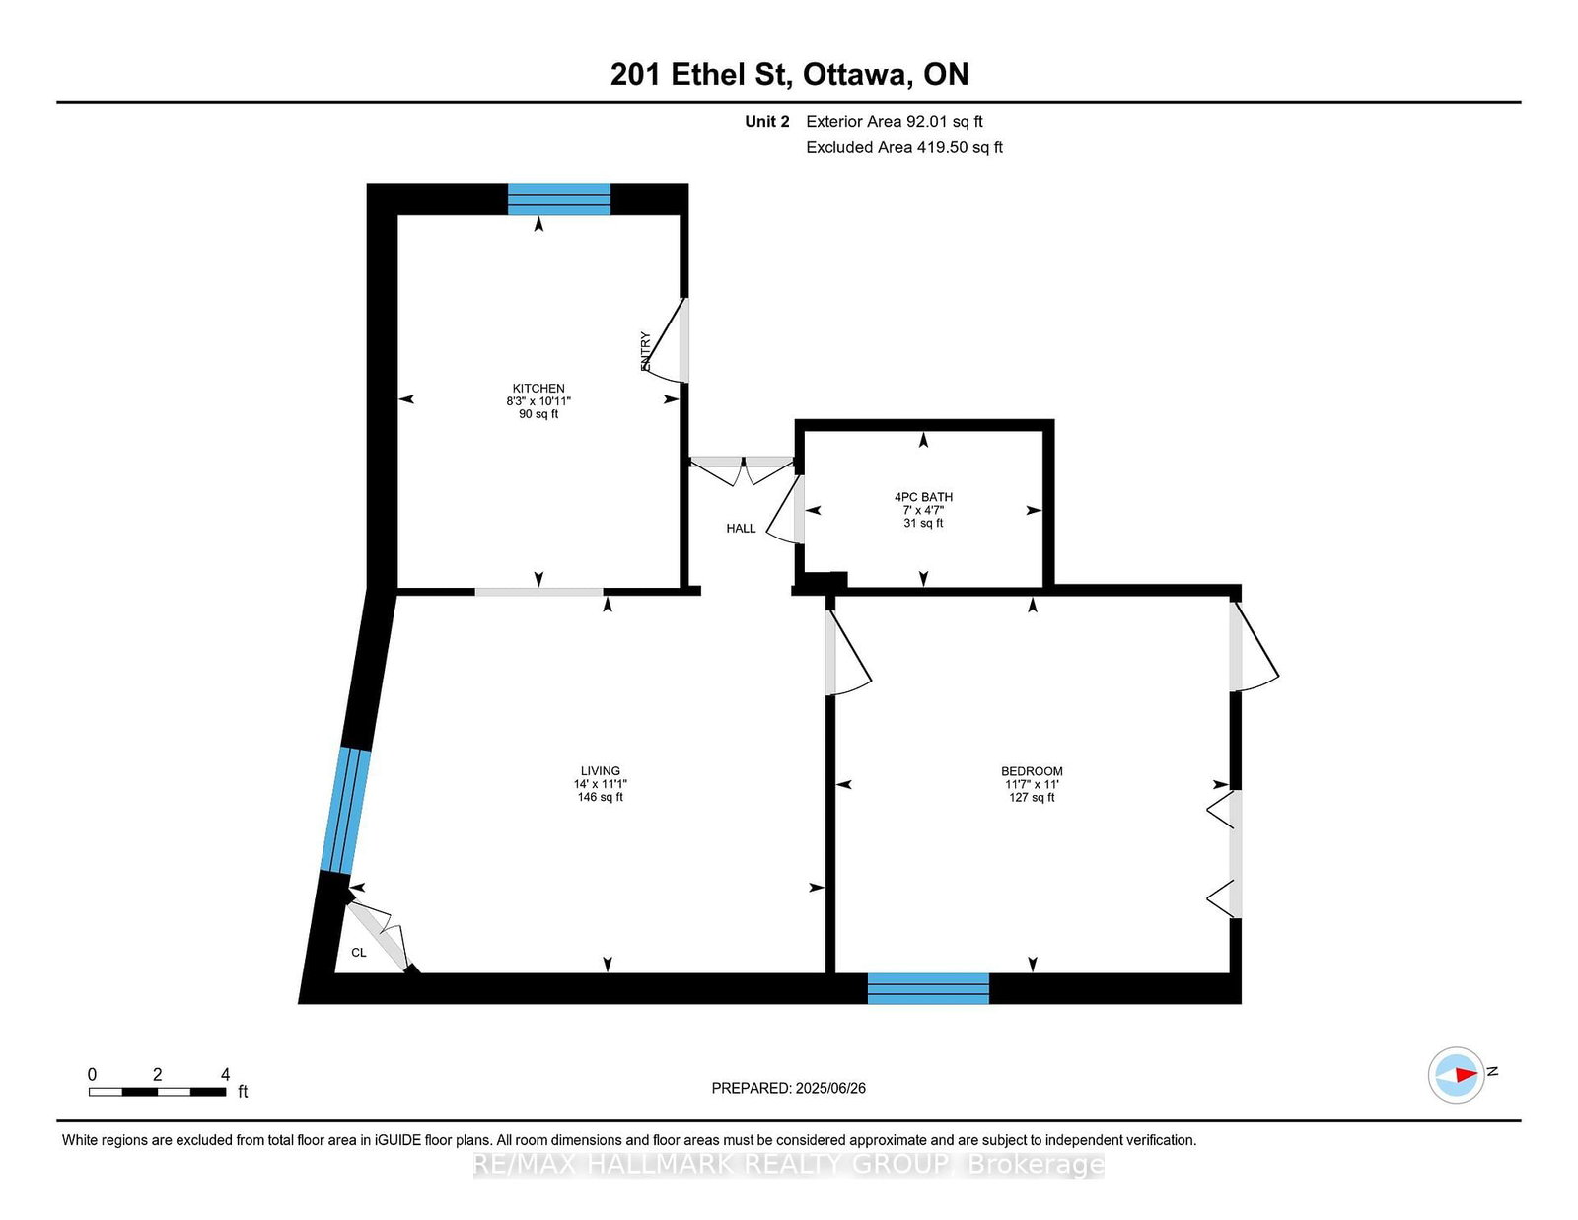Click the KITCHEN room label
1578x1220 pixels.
(538, 389)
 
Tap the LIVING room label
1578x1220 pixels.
(600, 771)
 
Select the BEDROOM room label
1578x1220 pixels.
(1032, 771)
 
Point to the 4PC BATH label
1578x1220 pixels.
(923, 497)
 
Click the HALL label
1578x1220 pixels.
(741, 529)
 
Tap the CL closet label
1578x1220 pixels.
(359, 953)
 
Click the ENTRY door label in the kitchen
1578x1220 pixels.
(646, 351)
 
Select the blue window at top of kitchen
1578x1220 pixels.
(559, 199)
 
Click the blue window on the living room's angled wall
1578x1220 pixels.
(345, 811)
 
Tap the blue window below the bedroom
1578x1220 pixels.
(928, 988)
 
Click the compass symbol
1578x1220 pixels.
(1458, 1075)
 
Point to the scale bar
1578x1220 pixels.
(158, 1091)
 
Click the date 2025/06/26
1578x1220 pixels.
(829, 1088)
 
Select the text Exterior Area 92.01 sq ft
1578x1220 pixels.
(894, 122)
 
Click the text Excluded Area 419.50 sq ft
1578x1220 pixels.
(903, 147)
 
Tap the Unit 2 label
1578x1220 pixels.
(766, 122)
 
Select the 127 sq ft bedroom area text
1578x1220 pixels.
(1032, 797)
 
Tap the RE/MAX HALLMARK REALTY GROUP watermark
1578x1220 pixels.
(789, 1165)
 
